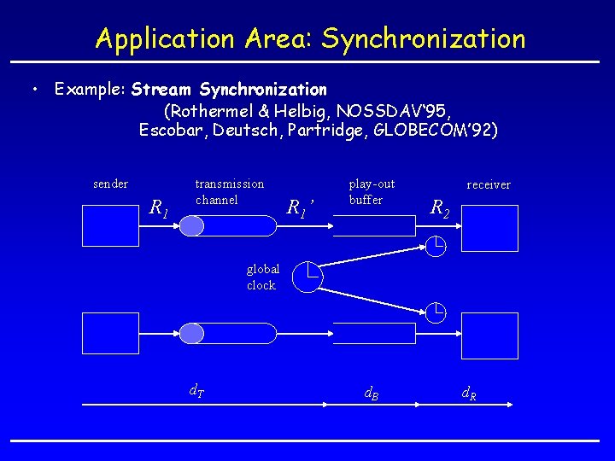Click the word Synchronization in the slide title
tap(424, 38)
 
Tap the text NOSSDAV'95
tap(395, 110)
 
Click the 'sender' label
tap(110, 184)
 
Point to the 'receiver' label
tap(489, 184)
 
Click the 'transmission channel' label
tap(230, 191)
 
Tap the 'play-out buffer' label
tap(372, 191)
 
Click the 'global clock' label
tap(262, 277)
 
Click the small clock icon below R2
tap(436, 248)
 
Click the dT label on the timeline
tap(196, 393)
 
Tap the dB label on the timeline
tap(372, 394)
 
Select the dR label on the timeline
tap(469, 394)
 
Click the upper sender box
tap(110, 229)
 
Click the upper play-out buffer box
tap(373, 225)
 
